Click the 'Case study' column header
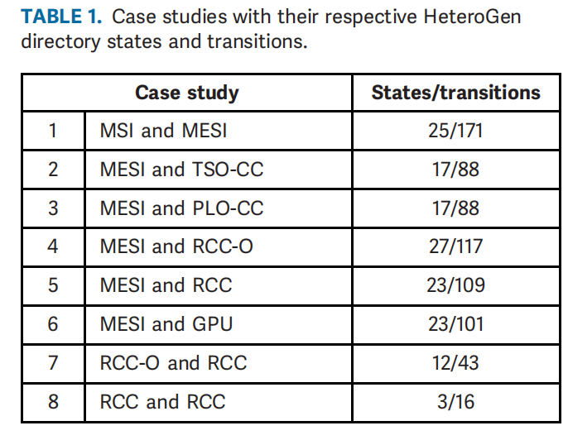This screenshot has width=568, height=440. pos(186,93)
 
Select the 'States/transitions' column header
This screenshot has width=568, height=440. pos(455,93)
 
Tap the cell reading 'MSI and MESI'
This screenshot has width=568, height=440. pos(163,131)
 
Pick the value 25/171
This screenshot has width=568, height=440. pos(455,131)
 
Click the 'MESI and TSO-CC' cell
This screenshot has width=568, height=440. pos(181,170)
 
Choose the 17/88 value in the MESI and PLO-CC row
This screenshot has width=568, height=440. pos(455,208)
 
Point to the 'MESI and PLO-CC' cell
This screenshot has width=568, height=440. pos(181,208)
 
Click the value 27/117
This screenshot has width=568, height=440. pos(455,246)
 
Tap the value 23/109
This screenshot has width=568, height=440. pos(455,285)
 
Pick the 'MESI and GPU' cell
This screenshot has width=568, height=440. pos(166,324)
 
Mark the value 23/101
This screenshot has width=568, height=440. pos(455,324)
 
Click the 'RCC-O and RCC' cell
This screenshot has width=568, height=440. pos(173,363)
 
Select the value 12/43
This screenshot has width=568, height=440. pos(455,363)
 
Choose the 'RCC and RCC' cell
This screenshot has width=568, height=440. pos(162,402)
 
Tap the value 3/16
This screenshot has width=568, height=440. pos(455,402)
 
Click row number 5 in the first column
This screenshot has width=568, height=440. pos(53,285)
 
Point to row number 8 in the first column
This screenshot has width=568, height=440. pos(53,402)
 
